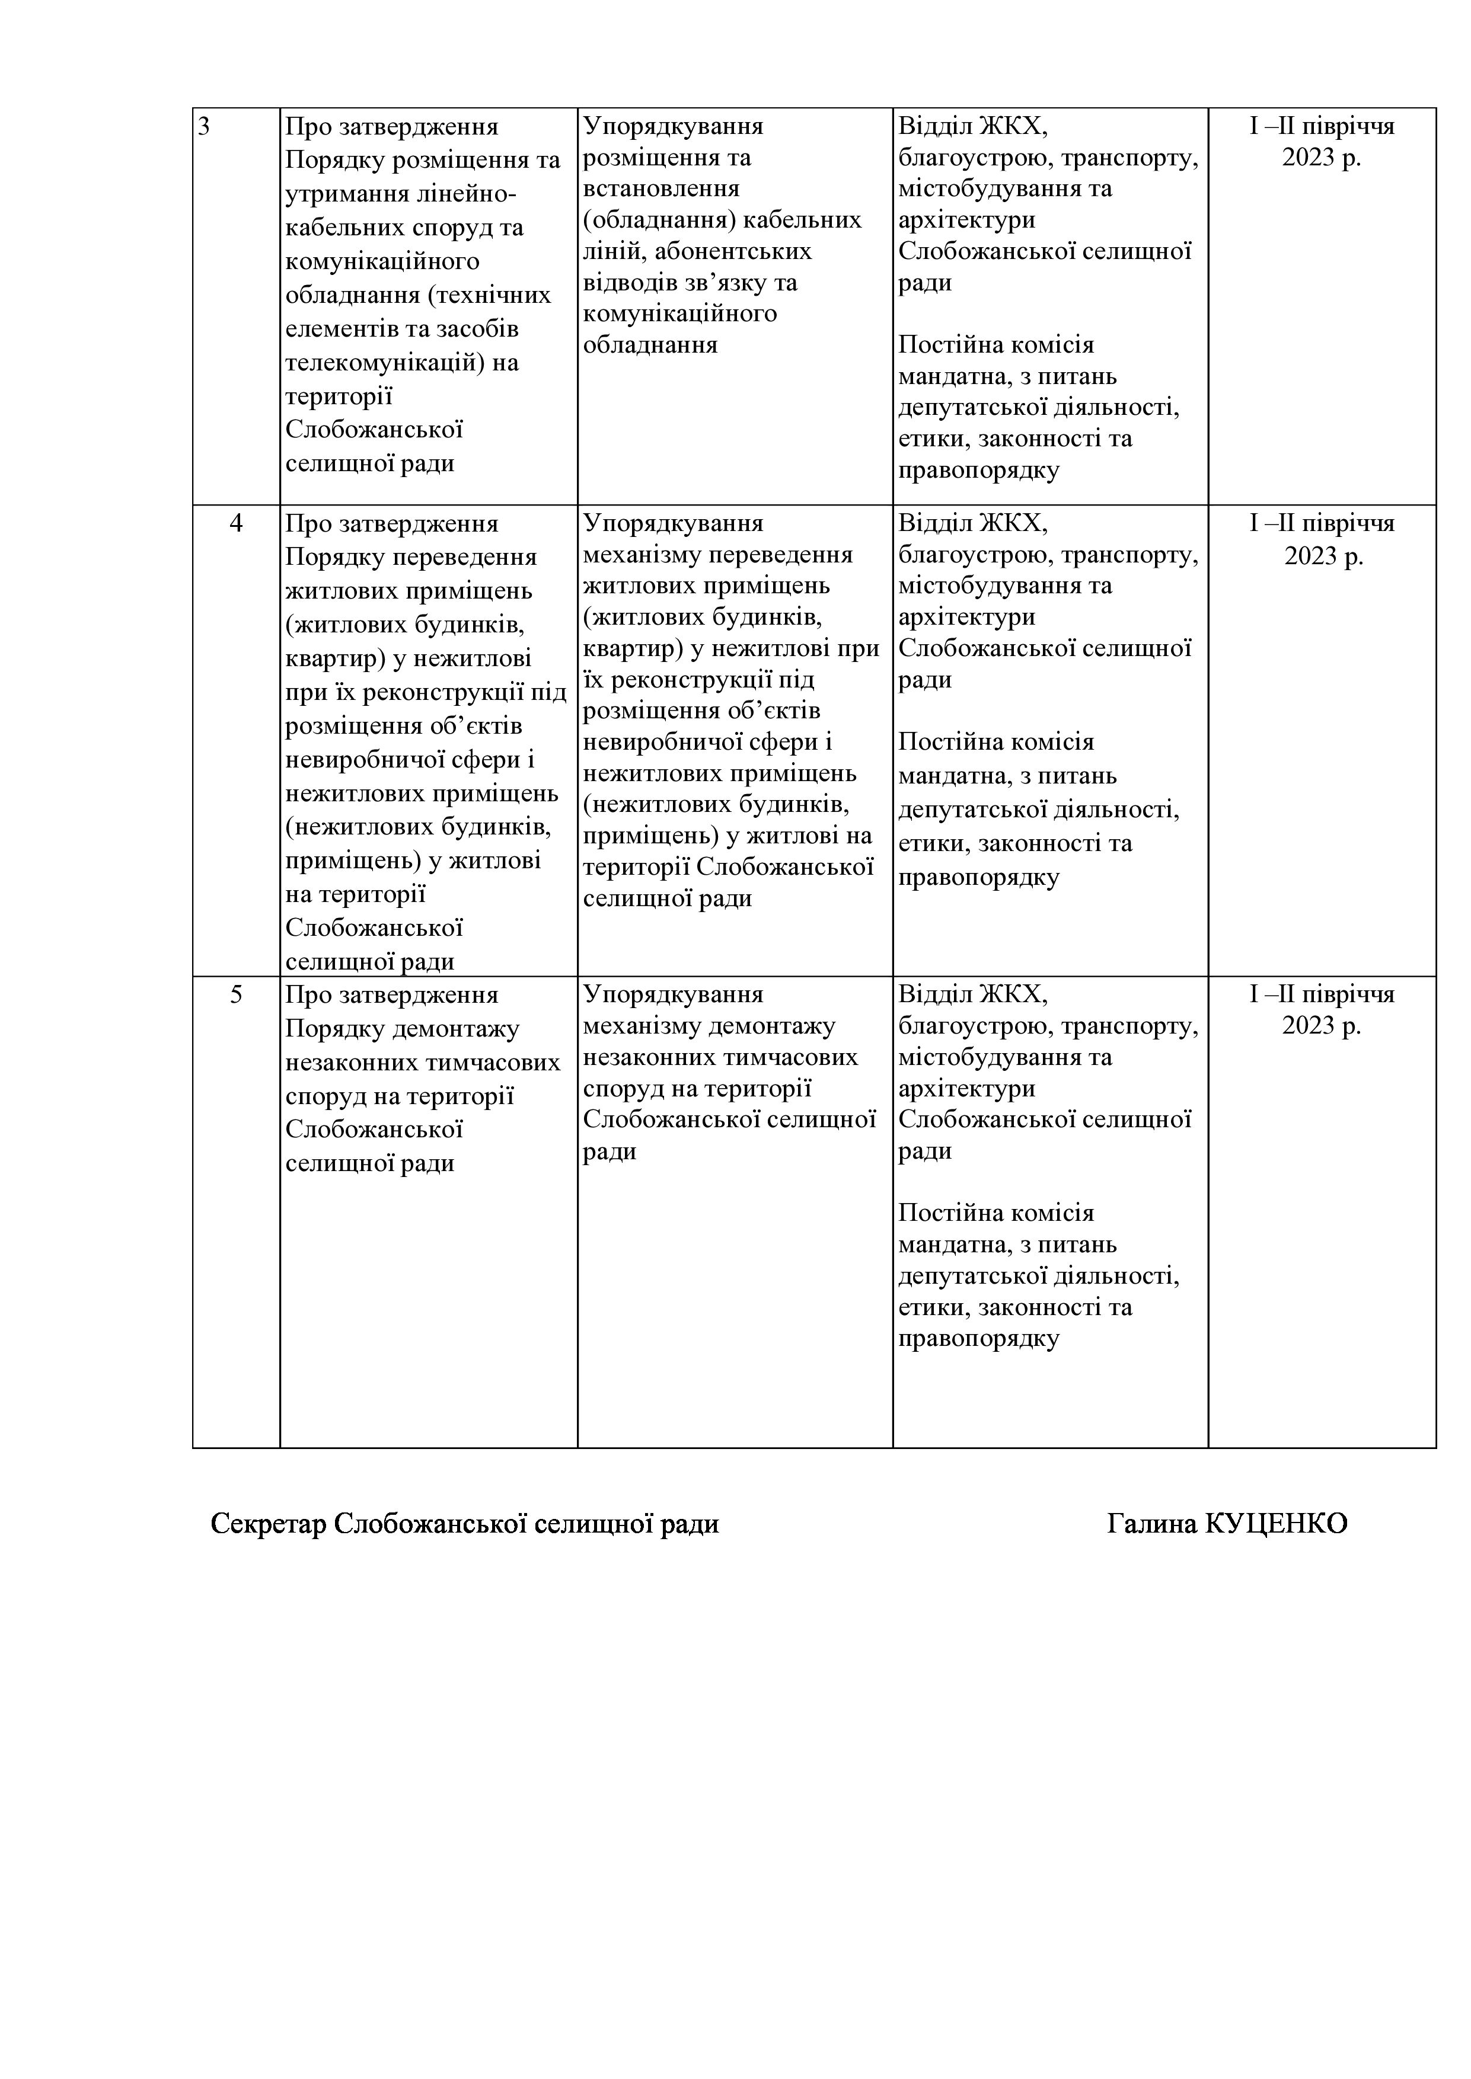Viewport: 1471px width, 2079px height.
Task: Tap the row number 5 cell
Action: (235, 994)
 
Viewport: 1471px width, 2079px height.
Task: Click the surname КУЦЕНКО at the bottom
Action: (1275, 1524)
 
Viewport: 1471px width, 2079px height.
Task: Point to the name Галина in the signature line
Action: (1151, 1524)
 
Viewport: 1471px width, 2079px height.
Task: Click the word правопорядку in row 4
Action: (978, 877)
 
